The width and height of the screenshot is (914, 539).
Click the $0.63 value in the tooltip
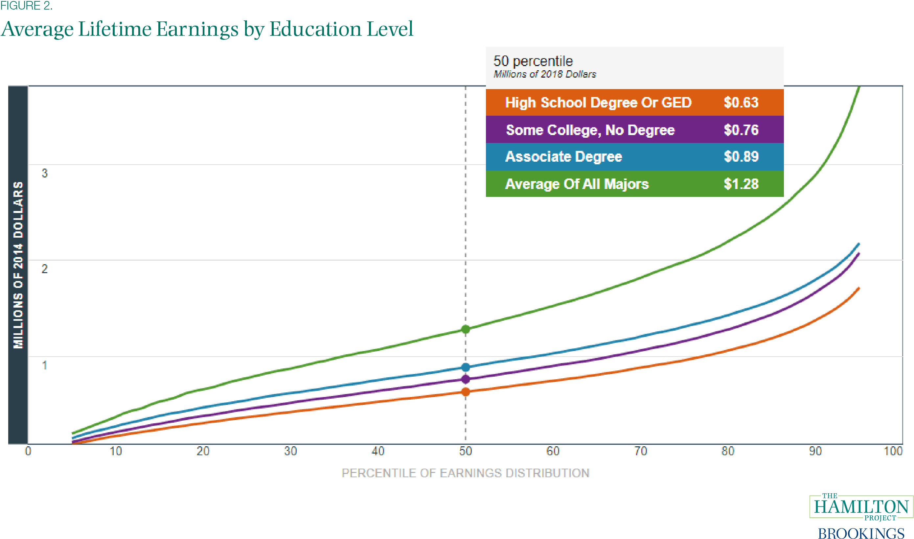click(x=741, y=103)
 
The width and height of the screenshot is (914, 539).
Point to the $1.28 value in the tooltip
click(x=741, y=184)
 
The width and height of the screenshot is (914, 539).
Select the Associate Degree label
click(x=563, y=156)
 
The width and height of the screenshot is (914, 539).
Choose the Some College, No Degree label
click(x=590, y=130)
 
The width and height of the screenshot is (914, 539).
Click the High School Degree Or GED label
click(x=598, y=103)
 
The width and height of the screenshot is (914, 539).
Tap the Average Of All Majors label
click(x=577, y=184)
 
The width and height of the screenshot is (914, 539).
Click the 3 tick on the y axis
click(x=44, y=173)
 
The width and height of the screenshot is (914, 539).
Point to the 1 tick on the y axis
click(x=44, y=365)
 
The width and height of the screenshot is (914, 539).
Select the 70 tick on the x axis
click(x=640, y=451)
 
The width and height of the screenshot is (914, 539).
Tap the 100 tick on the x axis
click(x=893, y=451)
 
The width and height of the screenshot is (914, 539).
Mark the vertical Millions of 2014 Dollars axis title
click(x=18, y=265)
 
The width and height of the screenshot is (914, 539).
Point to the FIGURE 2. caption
click(x=26, y=6)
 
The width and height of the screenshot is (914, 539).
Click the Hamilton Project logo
click(x=861, y=507)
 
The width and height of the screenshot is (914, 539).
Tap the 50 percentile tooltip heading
click(x=533, y=61)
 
